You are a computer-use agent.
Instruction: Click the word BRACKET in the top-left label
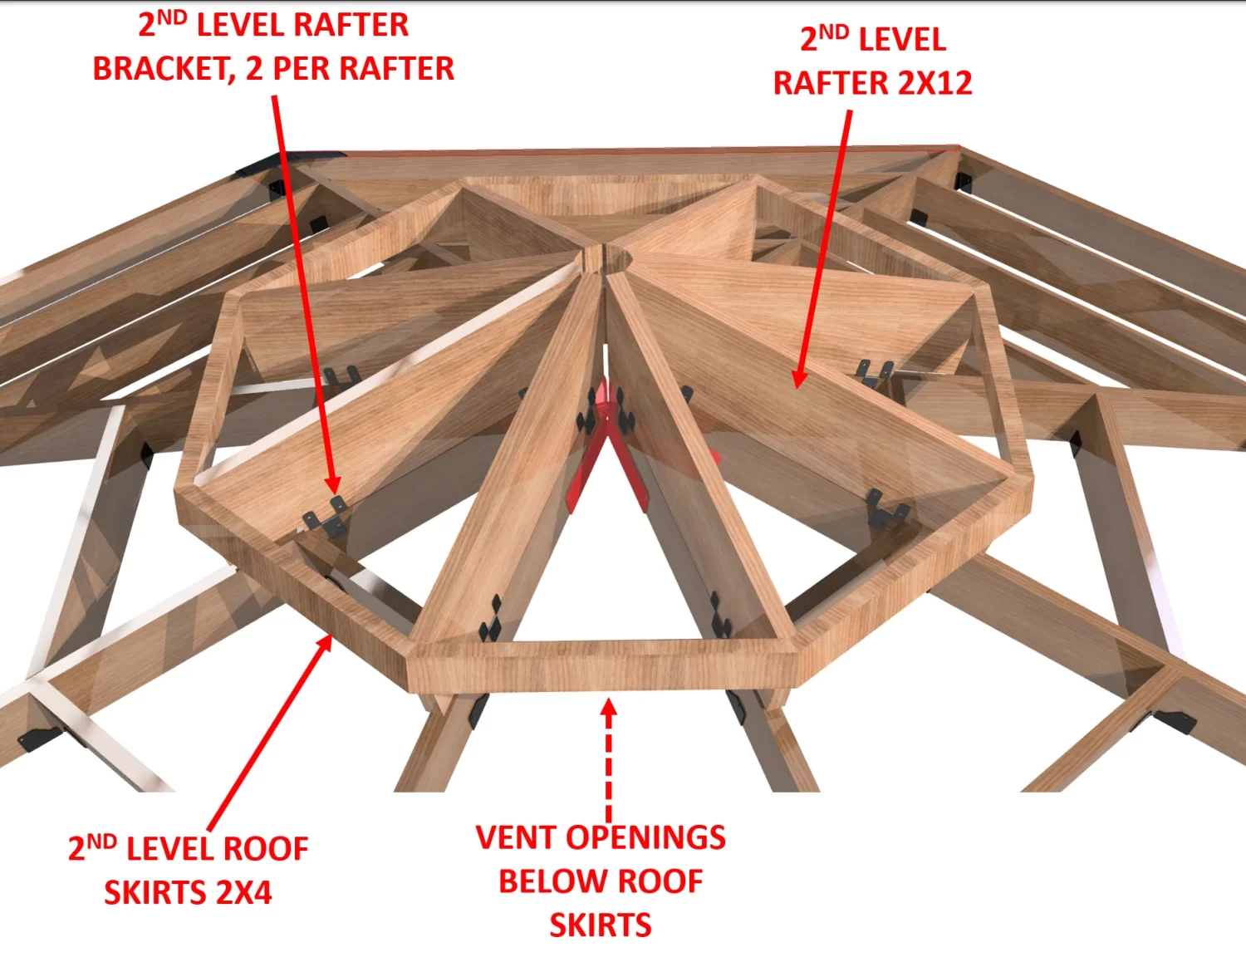(164, 69)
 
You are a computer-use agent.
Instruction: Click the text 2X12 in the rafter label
(934, 83)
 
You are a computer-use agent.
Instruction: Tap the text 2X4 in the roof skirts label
(243, 892)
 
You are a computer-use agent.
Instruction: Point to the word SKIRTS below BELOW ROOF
(601, 925)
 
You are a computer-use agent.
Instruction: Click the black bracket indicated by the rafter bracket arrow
(326, 517)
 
